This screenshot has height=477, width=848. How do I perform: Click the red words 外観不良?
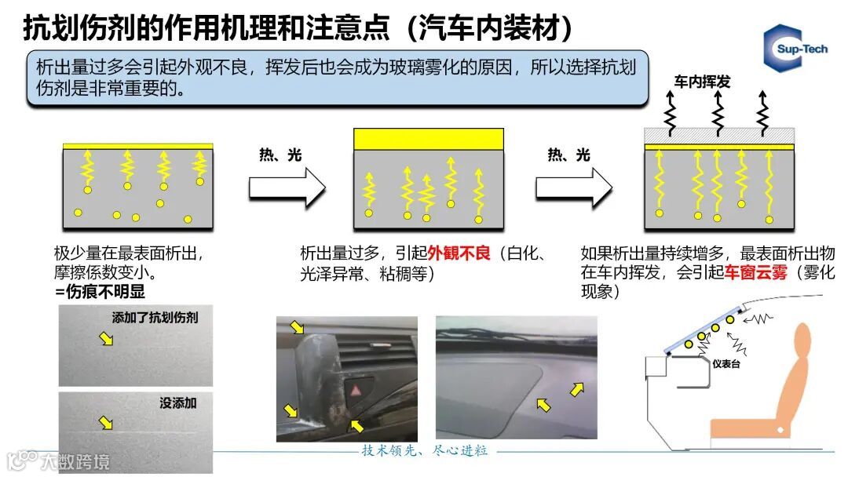(x=459, y=253)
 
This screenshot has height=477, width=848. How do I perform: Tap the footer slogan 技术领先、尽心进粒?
(x=425, y=451)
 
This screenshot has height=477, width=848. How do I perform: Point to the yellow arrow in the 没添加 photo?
(x=105, y=424)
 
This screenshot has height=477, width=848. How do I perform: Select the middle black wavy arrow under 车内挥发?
(x=718, y=112)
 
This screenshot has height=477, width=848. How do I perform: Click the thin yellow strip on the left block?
(x=137, y=146)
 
